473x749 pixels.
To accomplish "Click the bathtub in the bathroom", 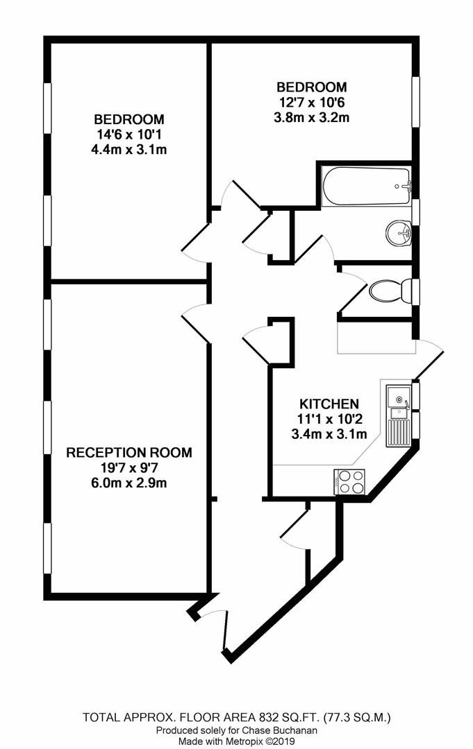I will pyautogui.click(x=367, y=186).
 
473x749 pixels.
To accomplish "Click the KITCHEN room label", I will pyautogui.click(x=329, y=404).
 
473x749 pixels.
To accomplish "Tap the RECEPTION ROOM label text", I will pyautogui.click(x=129, y=453).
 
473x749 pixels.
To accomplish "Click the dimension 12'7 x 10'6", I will pyautogui.click(x=311, y=102).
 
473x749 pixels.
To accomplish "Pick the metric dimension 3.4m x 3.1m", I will pyautogui.click(x=329, y=435).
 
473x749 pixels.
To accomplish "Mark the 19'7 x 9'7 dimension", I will pyautogui.click(x=129, y=468).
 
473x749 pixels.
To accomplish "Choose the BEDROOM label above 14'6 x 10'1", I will pyautogui.click(x=129, y=119).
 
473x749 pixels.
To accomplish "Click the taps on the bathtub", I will pyautogui.click(x=407, y=186).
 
